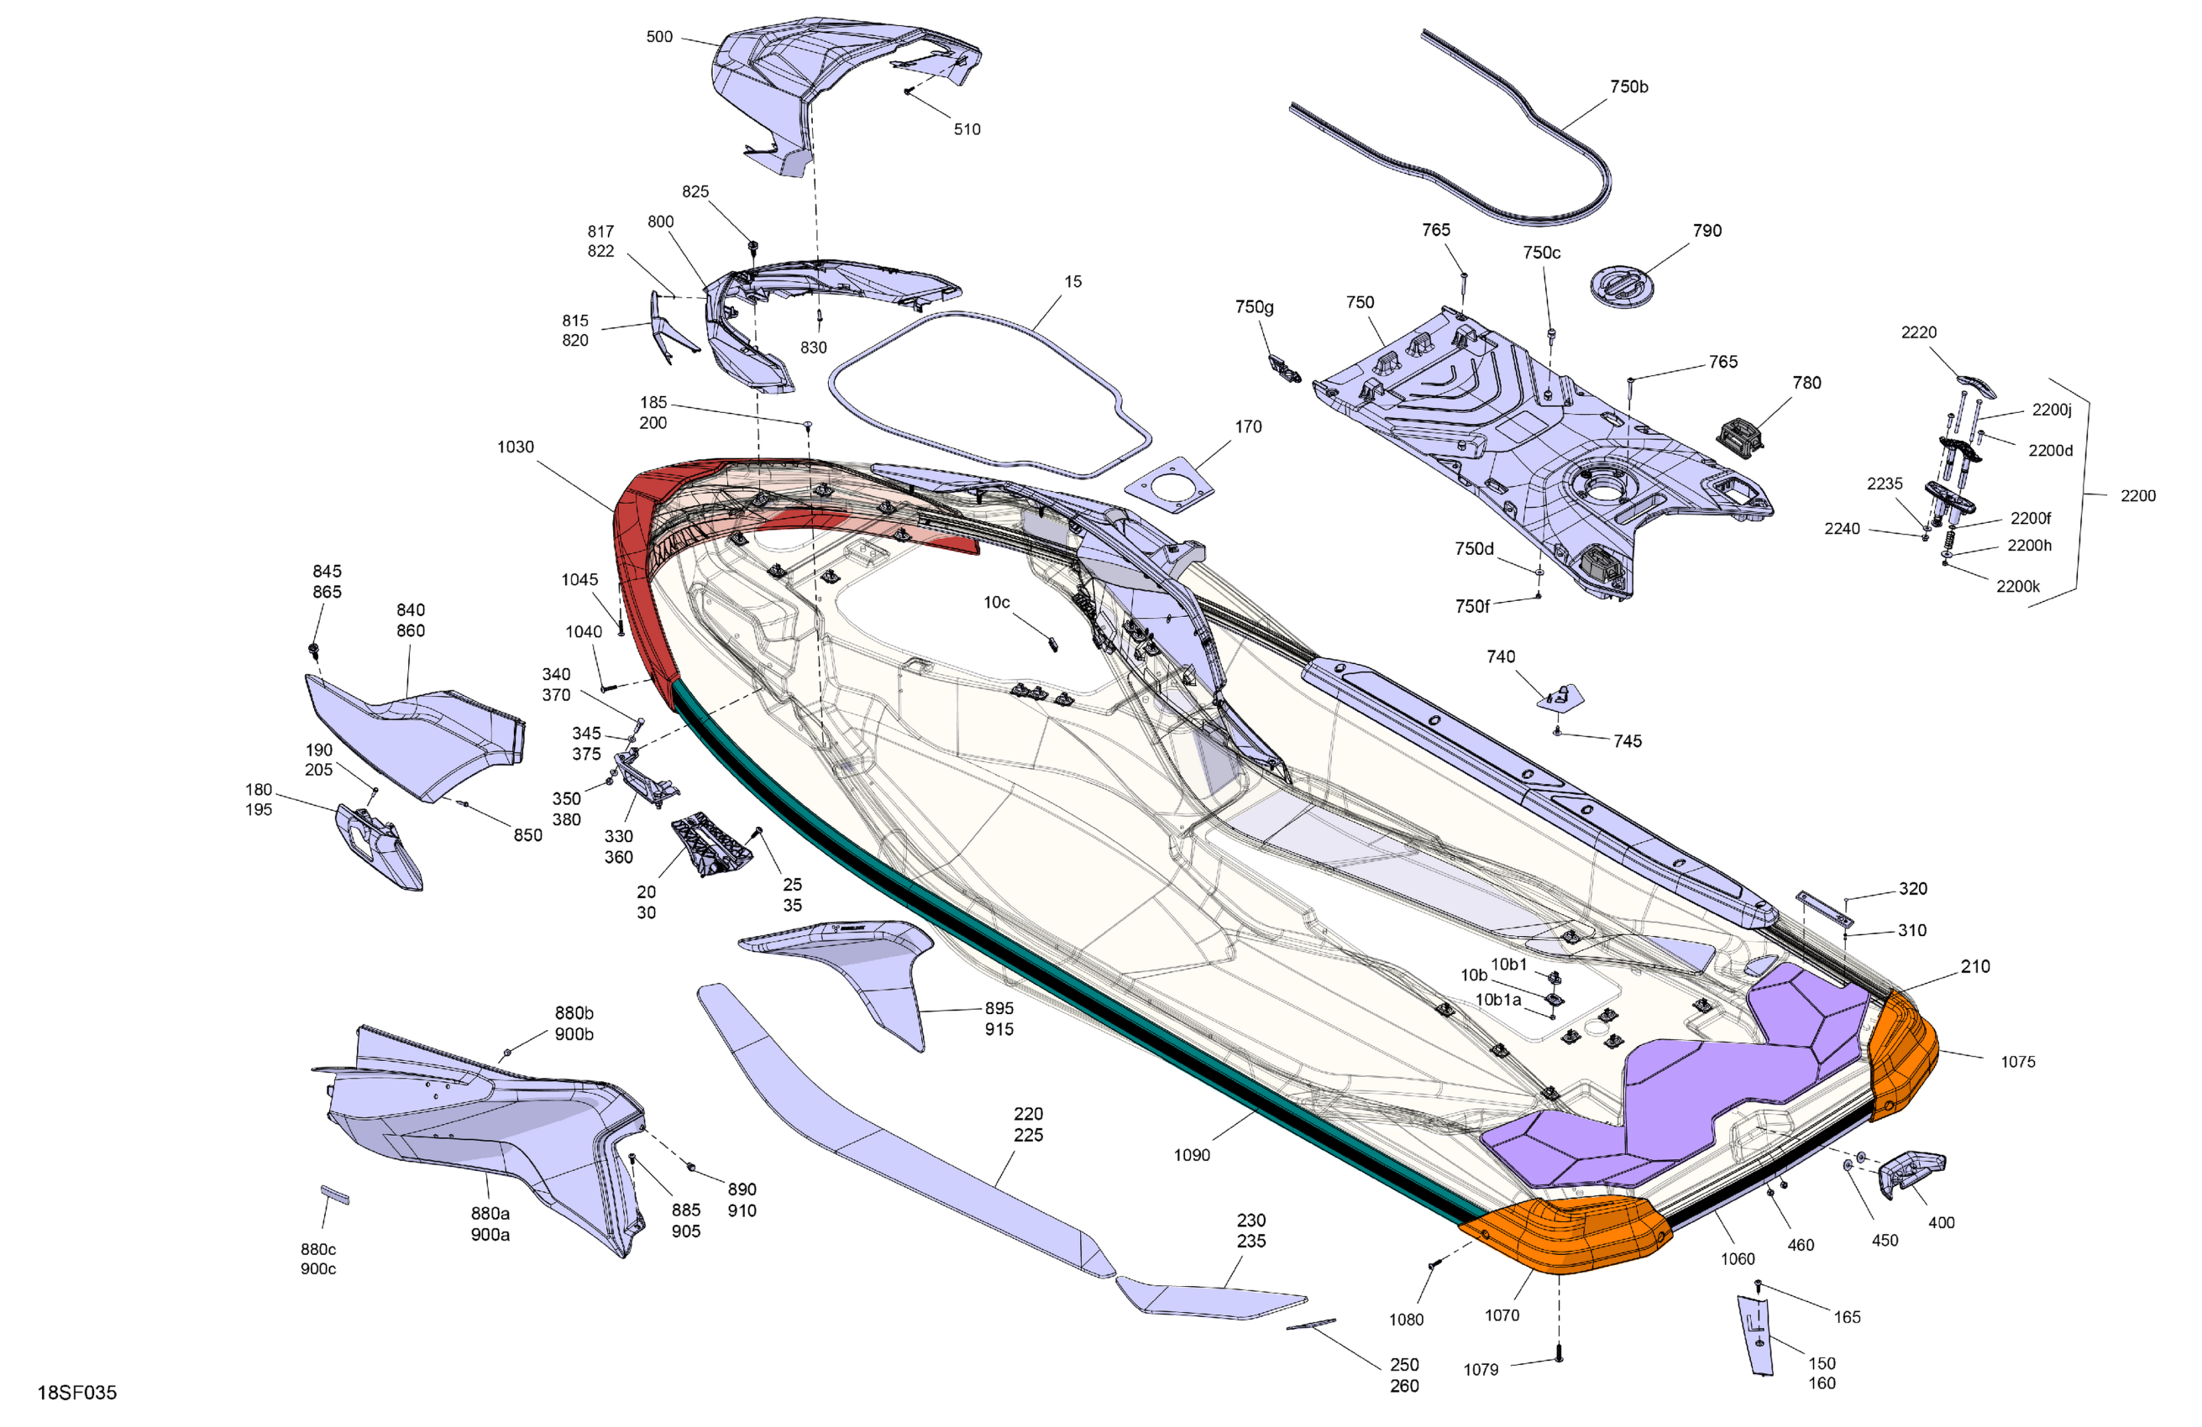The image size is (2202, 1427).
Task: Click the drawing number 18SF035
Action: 76,1393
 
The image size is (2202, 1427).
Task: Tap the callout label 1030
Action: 516,447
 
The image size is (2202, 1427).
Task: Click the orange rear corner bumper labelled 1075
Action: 1901,1054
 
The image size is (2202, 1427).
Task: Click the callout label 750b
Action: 1628,87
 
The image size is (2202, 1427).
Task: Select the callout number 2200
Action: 2137,496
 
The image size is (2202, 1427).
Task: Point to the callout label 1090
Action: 1192,1155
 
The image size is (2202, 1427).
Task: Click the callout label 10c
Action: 997,603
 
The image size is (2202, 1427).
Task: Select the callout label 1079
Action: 1481,1370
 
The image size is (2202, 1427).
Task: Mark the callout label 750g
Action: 1254,307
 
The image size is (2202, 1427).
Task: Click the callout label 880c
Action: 318,1249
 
